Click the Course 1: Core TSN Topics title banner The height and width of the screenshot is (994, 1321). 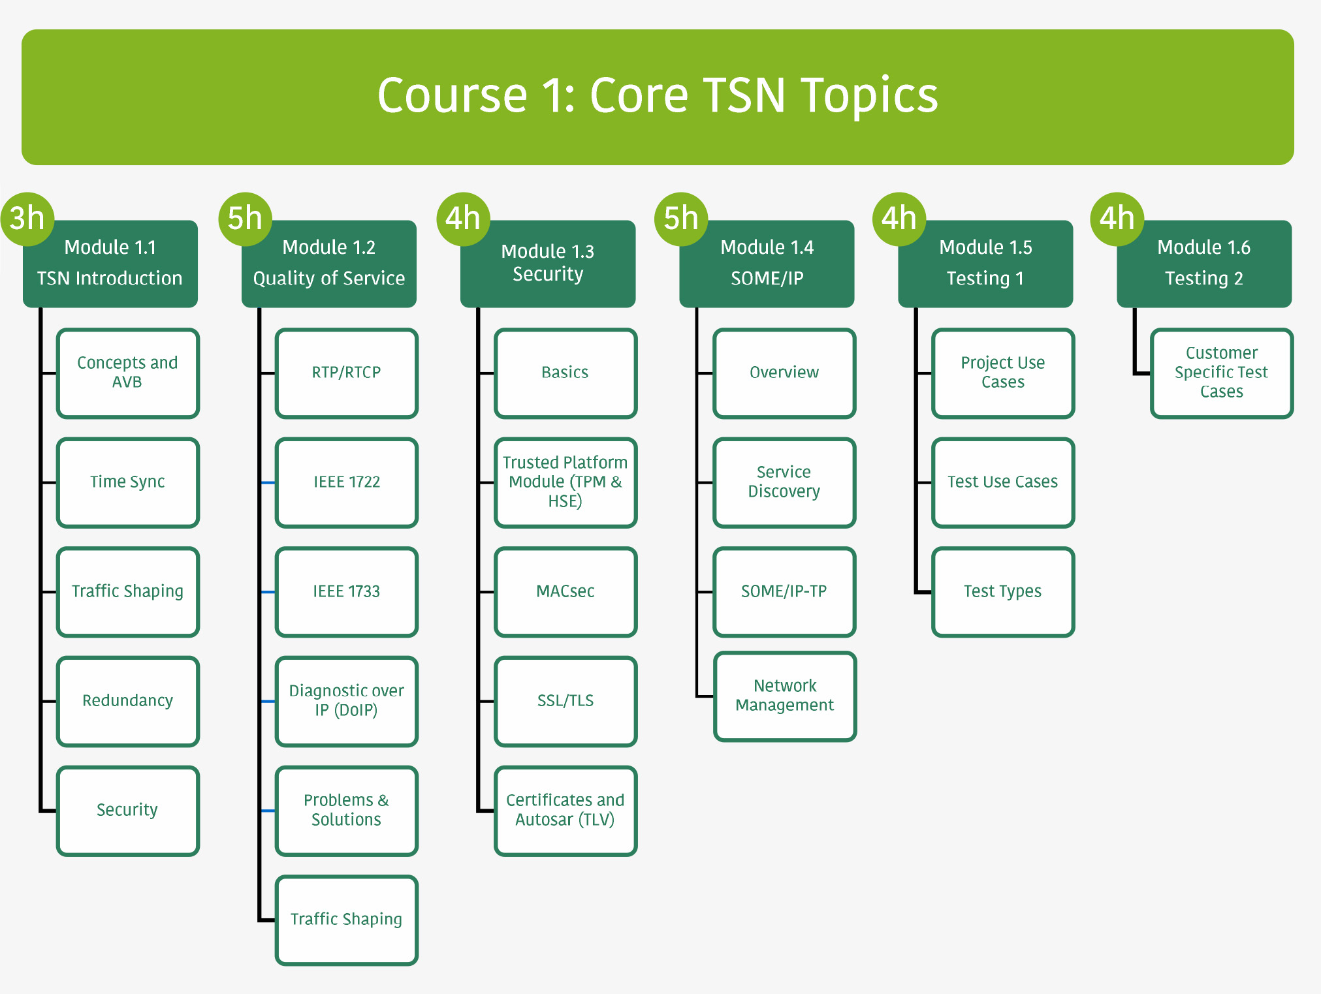point(658,97)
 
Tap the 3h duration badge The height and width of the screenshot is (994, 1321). point(27,219)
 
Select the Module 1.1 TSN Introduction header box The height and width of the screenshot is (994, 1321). point(110,264)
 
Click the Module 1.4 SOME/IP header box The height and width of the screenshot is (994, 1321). point(767,264)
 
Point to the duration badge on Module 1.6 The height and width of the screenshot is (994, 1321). point(1117,219)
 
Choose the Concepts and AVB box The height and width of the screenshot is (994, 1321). point(127,373)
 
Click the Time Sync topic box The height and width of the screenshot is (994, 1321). point(127,482)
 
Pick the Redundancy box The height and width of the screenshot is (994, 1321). point(127,701)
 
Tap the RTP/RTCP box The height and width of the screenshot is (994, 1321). point(346,373)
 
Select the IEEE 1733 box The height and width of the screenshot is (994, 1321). point(346,592)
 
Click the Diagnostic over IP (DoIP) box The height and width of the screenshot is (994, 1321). point(346,701)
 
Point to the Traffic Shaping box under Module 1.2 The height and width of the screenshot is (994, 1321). point(346,920)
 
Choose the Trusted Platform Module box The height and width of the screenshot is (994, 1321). point(565,482)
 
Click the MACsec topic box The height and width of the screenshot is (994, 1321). point(565,592)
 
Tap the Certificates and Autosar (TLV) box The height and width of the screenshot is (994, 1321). point(565,811)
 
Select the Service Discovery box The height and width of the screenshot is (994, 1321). point(784,482)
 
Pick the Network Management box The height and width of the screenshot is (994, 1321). point(784,696)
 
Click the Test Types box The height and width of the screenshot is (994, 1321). point(1002,592)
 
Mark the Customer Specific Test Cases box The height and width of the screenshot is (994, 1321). point(1221,373)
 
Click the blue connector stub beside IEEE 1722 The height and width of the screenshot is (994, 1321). point(268,482)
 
